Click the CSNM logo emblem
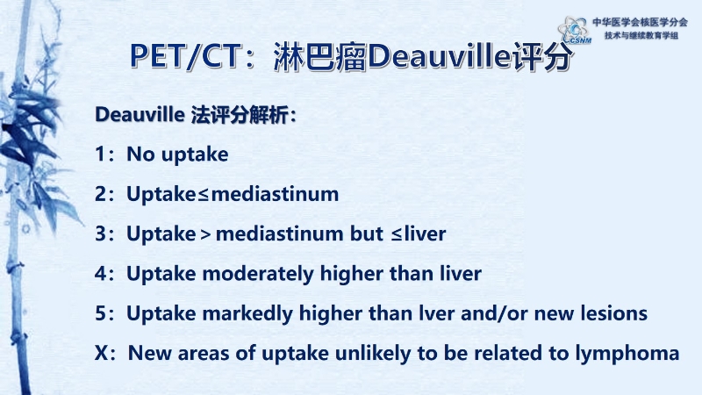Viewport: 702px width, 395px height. click(x=575, y=30)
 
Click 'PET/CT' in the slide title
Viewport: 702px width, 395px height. click(x=184, y=56)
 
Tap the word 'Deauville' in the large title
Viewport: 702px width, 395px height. click(x=440, y=56)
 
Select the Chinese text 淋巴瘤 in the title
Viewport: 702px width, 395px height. click(x=320, y=57)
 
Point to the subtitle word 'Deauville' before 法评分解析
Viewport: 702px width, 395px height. click(x=140, y=115)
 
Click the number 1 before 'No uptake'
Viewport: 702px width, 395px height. click(x=100, y=154)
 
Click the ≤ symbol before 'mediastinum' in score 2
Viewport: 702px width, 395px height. click(x=204, y=195)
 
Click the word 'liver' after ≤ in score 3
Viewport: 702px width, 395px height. click(x=425, y=233)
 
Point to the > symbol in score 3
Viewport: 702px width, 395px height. click(x=206, y=234)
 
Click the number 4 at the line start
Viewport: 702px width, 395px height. click(x=100, y=273)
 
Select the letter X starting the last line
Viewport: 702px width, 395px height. click(x=101, y=353)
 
